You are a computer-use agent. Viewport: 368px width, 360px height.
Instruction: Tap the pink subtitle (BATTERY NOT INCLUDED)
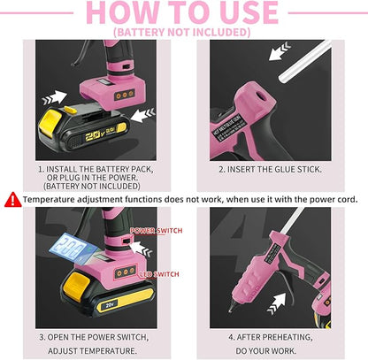(x=183, y=33)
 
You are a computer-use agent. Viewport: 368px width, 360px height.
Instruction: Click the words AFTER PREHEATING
(x=270, y=337)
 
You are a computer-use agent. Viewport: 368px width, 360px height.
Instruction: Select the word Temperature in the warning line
(x=56, y=200)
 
